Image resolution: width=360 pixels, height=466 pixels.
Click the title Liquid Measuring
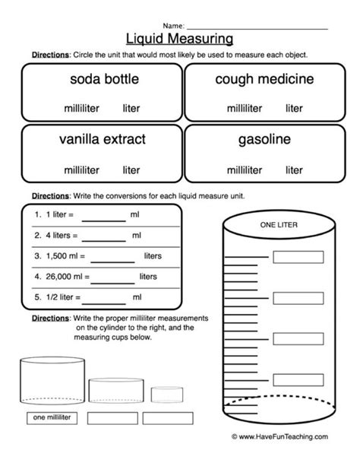[179, 37]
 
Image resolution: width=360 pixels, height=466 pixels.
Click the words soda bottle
[101, 79]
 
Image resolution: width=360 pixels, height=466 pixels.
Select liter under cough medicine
[294, 109]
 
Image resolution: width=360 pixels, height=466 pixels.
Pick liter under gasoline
[294, 169]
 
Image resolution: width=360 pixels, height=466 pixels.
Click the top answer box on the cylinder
[292, 256]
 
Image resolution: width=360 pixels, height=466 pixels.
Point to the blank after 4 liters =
[103, 237]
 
